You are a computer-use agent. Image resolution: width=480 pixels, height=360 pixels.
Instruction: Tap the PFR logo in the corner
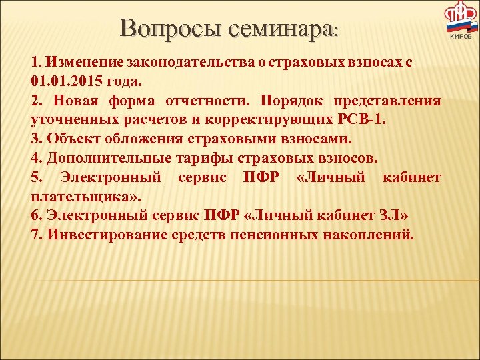[x=461, y=20]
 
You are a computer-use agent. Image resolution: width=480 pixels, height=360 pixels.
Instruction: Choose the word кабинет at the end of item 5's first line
[x=412, y=178]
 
